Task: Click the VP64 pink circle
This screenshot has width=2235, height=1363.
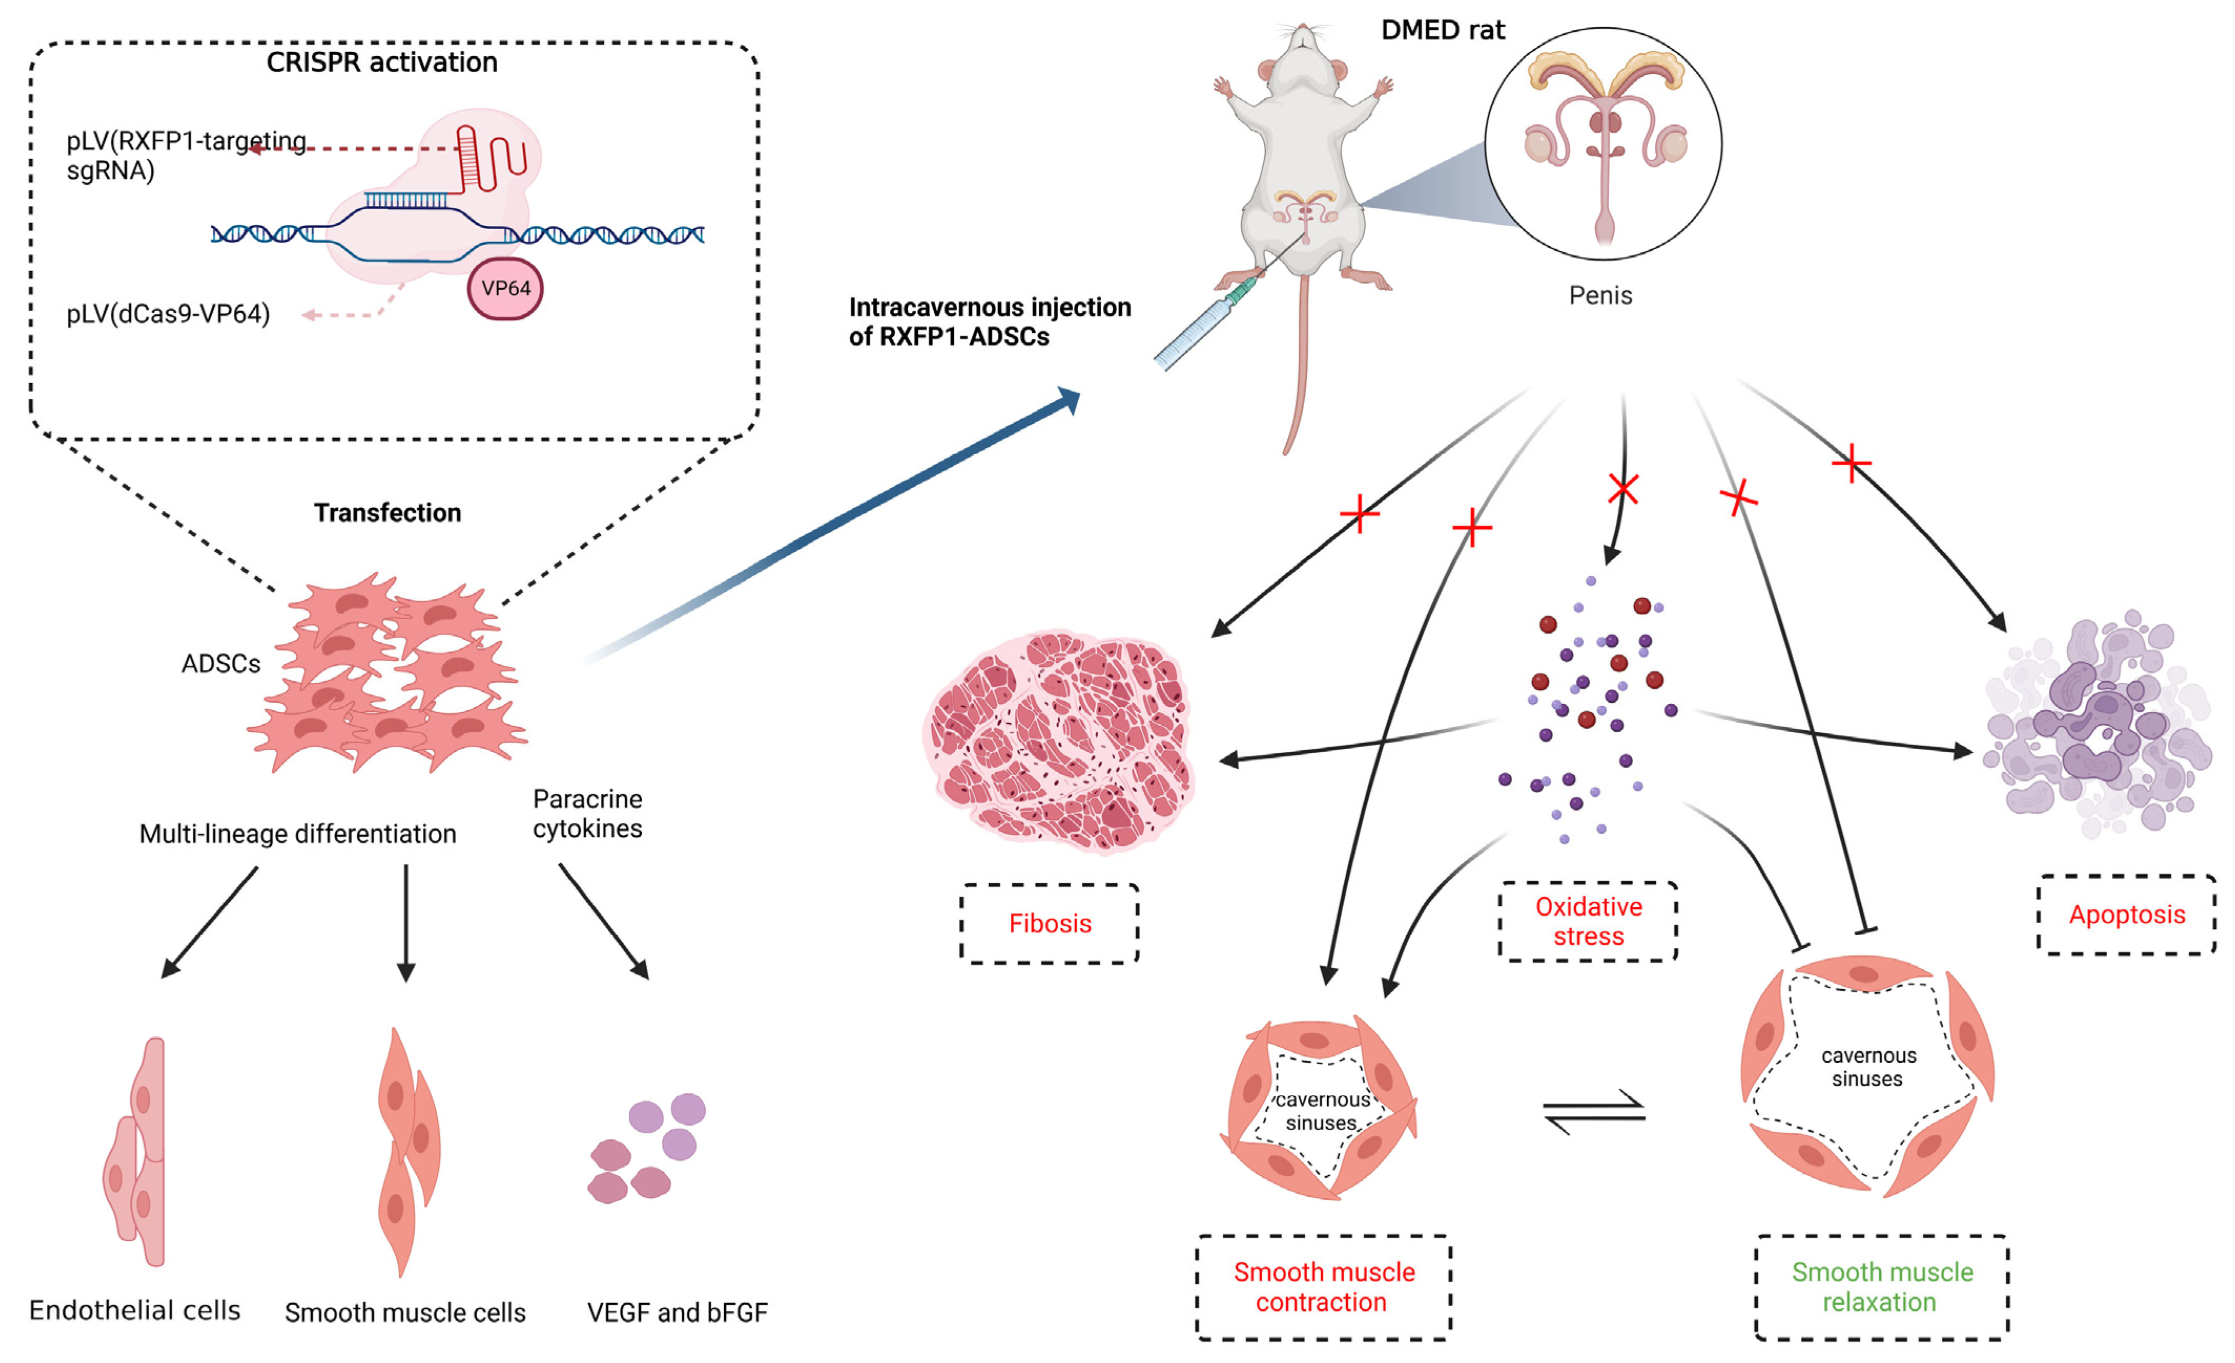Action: [x=505, y=289]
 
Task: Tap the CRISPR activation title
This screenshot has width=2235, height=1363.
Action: [x=382, y=63]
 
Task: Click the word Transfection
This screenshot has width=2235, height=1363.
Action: [x=387, y=513]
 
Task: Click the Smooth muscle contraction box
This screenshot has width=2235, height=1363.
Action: [x=1324, y=1287]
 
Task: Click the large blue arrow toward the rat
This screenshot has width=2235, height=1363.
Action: [x=835, y=526]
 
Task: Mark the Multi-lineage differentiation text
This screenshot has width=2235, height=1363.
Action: [x=298, y=834]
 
